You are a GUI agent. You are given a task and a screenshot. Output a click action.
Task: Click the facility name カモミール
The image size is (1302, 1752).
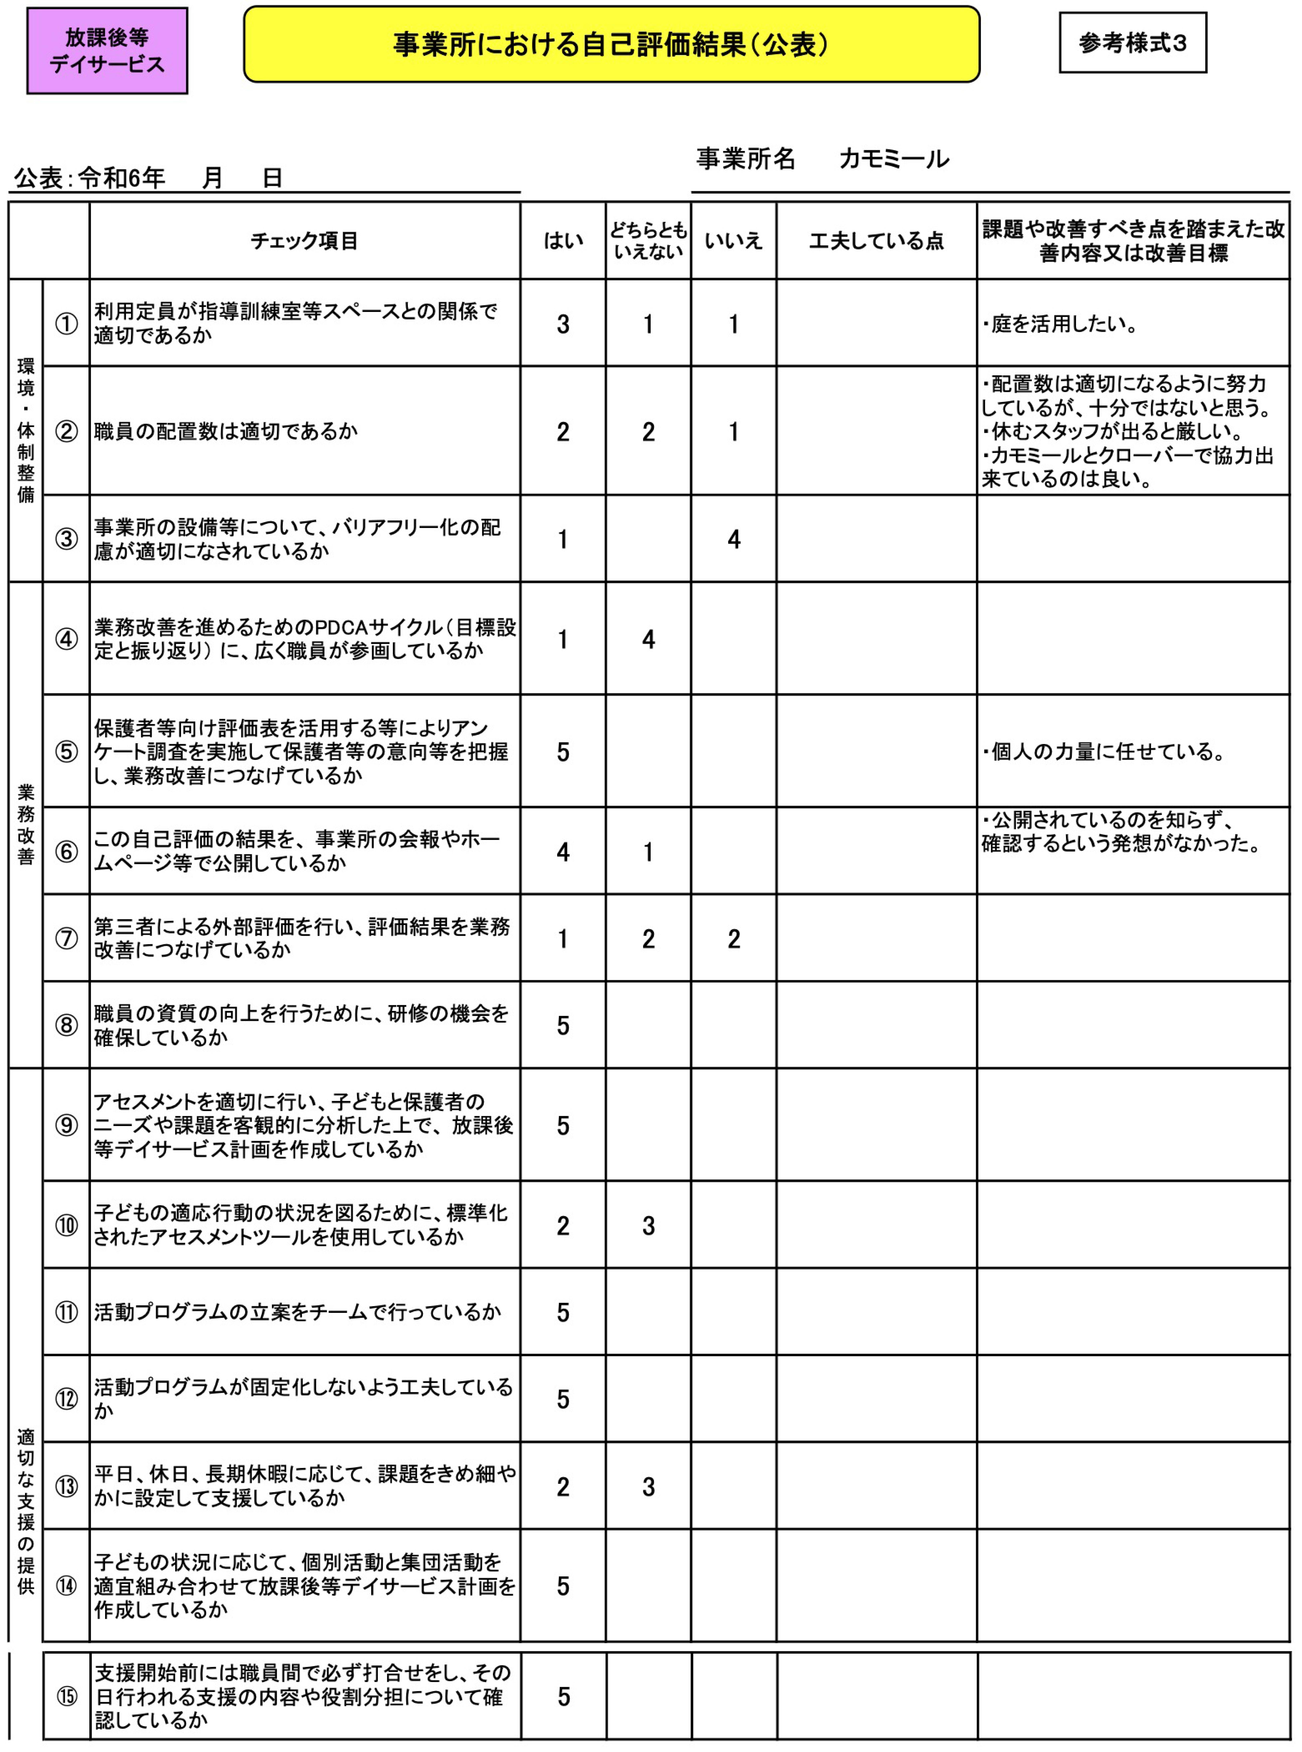(894, 159)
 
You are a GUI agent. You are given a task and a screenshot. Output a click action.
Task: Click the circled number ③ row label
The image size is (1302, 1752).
(66, 539)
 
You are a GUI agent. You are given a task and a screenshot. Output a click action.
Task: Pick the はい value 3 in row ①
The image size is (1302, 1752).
(563, 324)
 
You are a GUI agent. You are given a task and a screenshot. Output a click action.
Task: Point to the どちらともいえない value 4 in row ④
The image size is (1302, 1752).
(648, 639)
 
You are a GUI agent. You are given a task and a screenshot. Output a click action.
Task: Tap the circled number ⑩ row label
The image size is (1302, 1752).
(66, 1226)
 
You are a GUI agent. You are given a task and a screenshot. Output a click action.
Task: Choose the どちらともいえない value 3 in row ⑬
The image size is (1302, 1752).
(648, 1486)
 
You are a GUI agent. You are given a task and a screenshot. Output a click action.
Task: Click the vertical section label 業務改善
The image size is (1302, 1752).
(26, 824)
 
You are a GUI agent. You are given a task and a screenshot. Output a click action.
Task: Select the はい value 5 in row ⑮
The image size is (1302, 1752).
(564, 1697)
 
